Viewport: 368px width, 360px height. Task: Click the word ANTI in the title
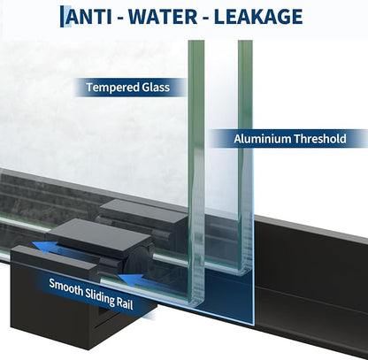tap(89, 17)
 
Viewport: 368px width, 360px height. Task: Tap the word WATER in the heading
tap(163, 17)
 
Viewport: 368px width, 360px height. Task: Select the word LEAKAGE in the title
tap(258, 17)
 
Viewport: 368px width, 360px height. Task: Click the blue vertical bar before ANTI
tap(62, 17)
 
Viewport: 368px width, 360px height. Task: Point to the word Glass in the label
tap(156, 88)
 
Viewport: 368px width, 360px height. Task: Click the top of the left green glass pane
tap(196, 42)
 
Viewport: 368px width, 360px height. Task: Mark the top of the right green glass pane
tap(245, 42)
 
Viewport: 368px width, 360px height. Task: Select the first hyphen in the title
tap(120, 18)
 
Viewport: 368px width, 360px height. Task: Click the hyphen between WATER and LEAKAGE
tap(205, 18)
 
